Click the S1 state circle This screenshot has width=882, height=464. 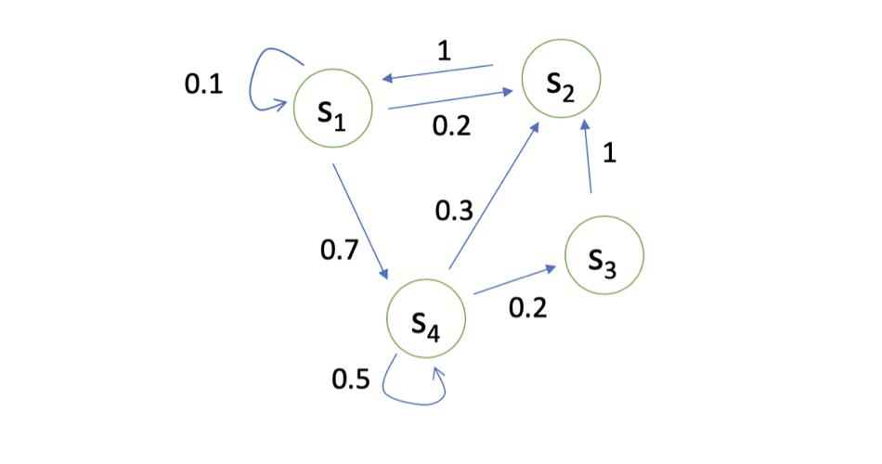[333, 110]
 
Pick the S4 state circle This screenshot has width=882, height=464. [426, 319]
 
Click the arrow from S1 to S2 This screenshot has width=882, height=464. [450, 100]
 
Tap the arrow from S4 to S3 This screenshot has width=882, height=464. [516, 282]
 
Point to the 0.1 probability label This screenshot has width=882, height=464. [203, 84]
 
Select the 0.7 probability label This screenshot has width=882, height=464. [338, 250]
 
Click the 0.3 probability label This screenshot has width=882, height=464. [454, 211]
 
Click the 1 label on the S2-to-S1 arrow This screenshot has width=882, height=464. [444, 51]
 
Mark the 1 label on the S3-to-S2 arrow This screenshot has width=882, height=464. [609, 153]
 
